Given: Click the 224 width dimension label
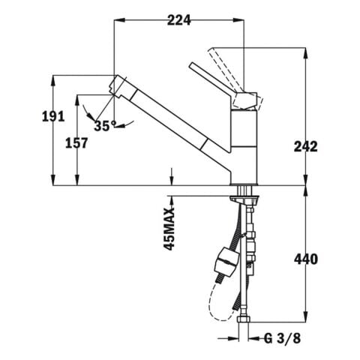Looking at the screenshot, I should (179, 21).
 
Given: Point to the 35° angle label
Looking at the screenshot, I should (102, 125).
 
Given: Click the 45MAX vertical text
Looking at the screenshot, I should (169, 228).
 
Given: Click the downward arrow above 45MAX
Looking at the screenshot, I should (173, 176).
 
